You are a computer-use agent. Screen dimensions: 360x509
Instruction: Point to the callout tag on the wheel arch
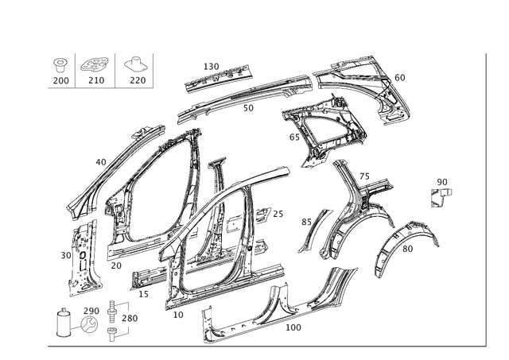[409, 250]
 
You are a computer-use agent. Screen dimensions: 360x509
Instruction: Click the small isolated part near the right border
[438, 195]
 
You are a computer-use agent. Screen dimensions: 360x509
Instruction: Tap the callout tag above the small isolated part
[442, 181]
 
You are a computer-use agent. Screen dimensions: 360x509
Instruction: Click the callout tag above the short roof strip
[211, 64]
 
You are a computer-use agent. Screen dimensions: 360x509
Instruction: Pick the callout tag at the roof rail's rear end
[400, 77]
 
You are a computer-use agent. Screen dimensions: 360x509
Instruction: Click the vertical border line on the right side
[485, 199]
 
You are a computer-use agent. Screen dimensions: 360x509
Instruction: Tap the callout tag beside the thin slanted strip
[302, 220]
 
